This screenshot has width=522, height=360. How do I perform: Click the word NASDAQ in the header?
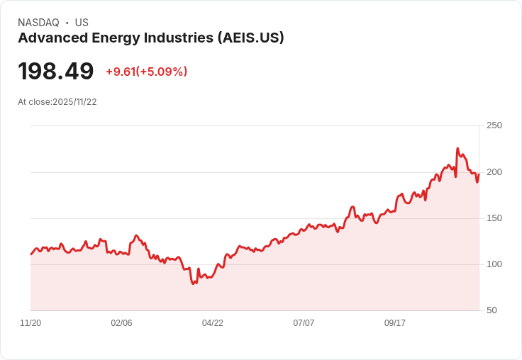(38, 23)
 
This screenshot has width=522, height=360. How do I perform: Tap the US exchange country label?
(82, 23)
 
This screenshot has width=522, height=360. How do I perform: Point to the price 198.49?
(56, 72)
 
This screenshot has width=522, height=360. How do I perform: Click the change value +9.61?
(120, 72)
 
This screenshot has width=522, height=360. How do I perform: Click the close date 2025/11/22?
(74, 102)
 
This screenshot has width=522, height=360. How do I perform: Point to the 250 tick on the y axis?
(494, 125)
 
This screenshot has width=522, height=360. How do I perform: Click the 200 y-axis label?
(494, 172)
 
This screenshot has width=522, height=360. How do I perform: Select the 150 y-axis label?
(494, 218)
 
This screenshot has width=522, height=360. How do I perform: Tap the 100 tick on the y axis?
(494, 264)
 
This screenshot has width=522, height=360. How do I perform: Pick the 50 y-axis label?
(492, 310)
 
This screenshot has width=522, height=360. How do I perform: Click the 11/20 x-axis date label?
(30, 323)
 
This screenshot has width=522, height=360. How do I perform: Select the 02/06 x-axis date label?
(121, 323)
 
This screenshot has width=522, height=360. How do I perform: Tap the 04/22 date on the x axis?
(213, 323)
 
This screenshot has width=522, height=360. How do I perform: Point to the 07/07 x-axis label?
(304, 323)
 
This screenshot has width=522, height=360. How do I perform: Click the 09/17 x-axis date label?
(395, 323)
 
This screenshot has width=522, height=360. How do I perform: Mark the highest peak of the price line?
(457, 149)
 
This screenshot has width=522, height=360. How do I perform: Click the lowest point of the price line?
(194, 283)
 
